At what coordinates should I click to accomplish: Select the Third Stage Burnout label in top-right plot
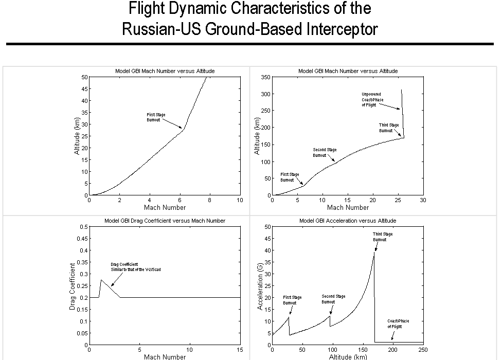(389, 128)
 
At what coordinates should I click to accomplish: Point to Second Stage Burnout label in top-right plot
(325, 152)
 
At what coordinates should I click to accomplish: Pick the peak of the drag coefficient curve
(101, 280)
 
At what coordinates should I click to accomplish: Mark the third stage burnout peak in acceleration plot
(374, 253)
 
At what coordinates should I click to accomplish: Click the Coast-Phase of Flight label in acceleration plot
(398, 323)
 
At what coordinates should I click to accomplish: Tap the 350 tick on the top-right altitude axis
(265, 77)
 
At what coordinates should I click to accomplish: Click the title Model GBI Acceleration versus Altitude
(348, 221)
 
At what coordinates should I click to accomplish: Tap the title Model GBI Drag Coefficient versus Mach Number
(165, 221)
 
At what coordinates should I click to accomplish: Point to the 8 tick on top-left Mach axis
(210, 200)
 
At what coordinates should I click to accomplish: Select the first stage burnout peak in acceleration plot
(289, 317)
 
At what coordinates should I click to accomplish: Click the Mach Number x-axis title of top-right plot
(348, 207)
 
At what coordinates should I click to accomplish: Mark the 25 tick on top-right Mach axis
(398, 200)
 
